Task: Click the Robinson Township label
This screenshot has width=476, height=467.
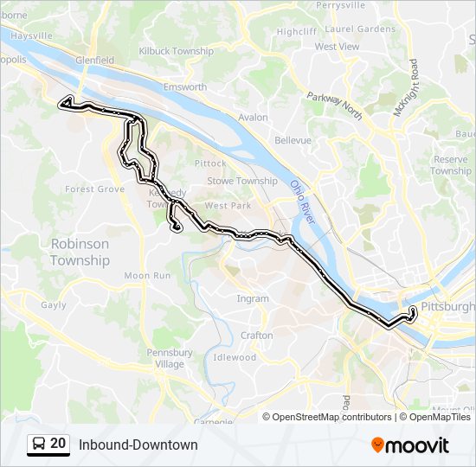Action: click(x=80, y=252)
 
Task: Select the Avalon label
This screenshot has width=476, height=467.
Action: click(x=253, y=117)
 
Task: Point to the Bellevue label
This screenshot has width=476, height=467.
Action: click(x=293, y=140)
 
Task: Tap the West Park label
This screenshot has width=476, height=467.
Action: click(x=228, y=206)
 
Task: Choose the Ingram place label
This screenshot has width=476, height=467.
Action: click(x=253, y=299)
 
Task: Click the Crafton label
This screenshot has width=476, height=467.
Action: click(x=257, y=336)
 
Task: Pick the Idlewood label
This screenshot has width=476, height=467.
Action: click(x=235, y=357)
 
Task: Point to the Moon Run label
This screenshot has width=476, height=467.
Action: click(x=148, y=276)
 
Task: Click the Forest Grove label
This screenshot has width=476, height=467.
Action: click(x=94, y=189)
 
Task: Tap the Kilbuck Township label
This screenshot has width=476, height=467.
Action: click(x=176, y=52)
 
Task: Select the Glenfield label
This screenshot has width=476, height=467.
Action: click(x=94, y=61)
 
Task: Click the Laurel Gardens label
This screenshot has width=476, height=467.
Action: click(x=359, y=29)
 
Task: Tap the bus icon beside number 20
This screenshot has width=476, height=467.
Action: click(x=39, y=445)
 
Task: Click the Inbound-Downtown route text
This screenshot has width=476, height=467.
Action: click(x=138, y=445)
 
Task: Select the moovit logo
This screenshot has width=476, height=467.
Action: click(x=410, y=445)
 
